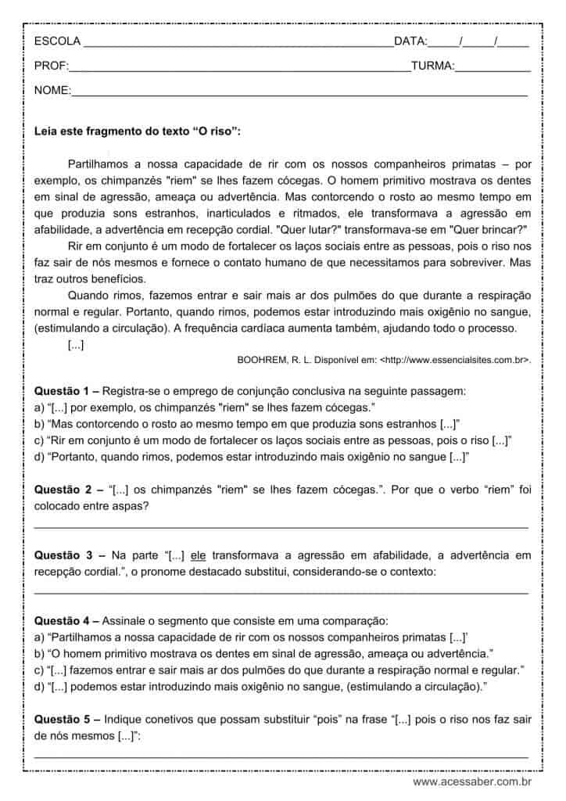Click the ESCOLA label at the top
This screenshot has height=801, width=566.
57,41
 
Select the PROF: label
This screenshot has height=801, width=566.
52,66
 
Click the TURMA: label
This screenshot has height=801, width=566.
432,66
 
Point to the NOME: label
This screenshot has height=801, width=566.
52,91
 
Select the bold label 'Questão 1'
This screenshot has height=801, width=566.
64,390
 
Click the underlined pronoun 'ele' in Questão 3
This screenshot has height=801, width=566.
198,555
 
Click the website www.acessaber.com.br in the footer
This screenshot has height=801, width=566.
472,781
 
